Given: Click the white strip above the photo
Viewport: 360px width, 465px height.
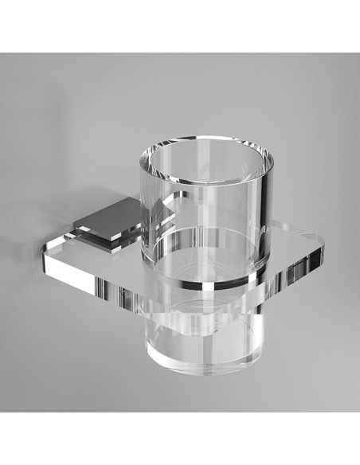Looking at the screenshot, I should pyautogui.click(x=180, y=24).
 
